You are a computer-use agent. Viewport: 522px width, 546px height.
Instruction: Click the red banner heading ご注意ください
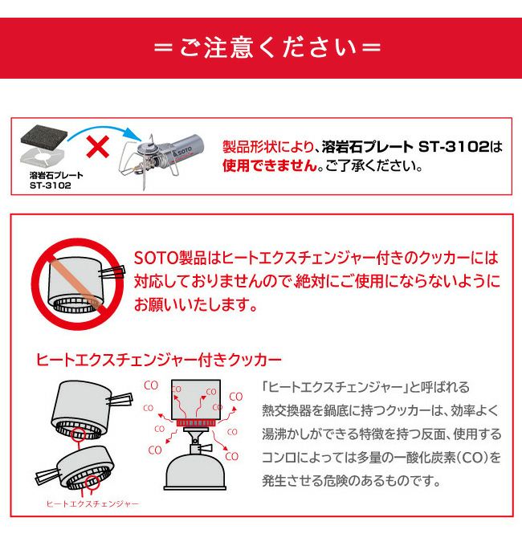(x=267, y=47)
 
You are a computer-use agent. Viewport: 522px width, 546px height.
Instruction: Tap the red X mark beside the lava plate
(x=97, y=147)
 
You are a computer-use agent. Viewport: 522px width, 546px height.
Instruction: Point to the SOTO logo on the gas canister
(x=184, y=151)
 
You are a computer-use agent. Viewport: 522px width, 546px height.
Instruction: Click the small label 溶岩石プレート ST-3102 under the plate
(x=56, y=181)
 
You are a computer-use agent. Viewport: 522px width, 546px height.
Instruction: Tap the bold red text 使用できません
(x=270, y=165)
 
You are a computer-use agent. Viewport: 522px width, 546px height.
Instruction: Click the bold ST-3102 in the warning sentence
(x=454, y=147)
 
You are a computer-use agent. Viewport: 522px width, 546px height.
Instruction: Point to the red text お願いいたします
(x=195, y=304)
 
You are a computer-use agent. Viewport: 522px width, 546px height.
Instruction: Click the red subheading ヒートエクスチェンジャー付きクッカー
(x=158, y=360)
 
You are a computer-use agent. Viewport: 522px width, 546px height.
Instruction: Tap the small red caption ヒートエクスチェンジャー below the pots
(x=92, y=503)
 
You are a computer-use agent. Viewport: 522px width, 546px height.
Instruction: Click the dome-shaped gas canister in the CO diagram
(x=195, y=471)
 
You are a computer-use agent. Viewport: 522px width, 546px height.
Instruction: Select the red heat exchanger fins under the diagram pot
(x=195, y=423)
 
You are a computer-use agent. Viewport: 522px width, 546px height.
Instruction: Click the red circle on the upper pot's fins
(x=78, y=434)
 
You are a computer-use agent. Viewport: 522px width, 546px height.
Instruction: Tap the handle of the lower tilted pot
(x=47, y=476)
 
